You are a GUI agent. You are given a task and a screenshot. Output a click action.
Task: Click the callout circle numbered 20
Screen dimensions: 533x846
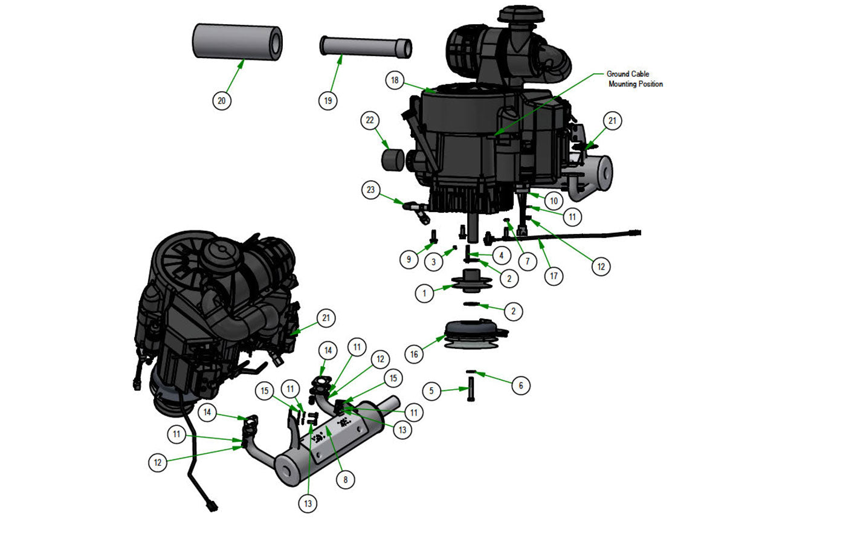click(x=221, y=100)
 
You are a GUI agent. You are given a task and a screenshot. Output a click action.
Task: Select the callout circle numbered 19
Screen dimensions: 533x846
click(x=328, y=100)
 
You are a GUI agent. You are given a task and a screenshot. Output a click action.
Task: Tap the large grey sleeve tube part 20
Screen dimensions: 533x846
click(x=237, y=42)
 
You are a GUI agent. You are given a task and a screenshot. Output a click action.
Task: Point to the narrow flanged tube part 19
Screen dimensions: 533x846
click(x=366, y=47)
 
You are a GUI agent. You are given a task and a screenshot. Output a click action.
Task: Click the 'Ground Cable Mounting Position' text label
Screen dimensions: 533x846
click(x=634, y=79)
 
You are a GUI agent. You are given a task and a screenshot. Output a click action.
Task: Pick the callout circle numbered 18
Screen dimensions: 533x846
click(x=395, y=80)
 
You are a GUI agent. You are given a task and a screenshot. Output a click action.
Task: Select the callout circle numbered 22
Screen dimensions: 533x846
click(x=370, y=120)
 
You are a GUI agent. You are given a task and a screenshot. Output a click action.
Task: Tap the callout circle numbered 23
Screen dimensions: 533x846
click(x=370, y=190)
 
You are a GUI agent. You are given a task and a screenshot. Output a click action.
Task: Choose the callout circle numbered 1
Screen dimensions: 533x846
click(x=425, y=294)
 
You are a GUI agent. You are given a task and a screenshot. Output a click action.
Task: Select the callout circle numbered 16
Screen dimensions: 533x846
click(x=414, y=354)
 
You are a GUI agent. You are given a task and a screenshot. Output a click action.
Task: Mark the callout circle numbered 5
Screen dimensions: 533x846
click(x=431, y=391)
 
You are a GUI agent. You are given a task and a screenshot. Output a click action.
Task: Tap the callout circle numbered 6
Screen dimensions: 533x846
click(x=521, y=385)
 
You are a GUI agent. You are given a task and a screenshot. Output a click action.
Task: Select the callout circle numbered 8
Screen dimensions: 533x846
click(x=345, y=480)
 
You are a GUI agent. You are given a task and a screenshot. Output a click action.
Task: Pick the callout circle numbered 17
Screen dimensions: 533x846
click(x=554, y=276)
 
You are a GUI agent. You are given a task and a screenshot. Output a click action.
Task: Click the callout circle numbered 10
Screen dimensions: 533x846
click(x=554, y=200)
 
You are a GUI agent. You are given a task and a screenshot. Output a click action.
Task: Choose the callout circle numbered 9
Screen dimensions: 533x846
click(x=409, y=259)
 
